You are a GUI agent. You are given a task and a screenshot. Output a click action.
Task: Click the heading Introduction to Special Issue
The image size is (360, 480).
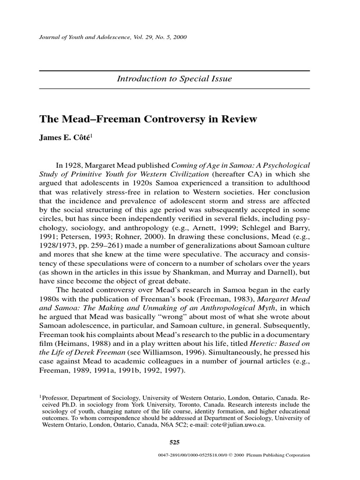(174, 79)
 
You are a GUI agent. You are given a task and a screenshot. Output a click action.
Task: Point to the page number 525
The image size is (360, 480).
(174, 442)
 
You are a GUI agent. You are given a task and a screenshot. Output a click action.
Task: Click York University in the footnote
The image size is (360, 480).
(146, 404)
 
